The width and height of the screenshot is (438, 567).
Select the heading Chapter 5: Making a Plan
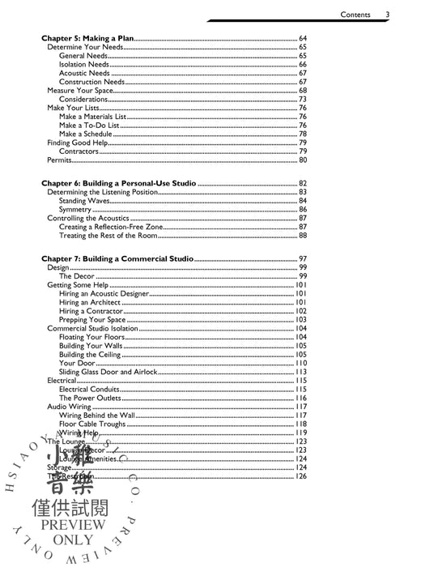pos(87,39)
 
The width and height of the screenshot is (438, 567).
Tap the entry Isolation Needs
pos(83,65)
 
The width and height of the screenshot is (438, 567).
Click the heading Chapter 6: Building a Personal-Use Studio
pos(117,184)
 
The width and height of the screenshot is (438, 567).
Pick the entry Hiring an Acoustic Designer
pos(104,293)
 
